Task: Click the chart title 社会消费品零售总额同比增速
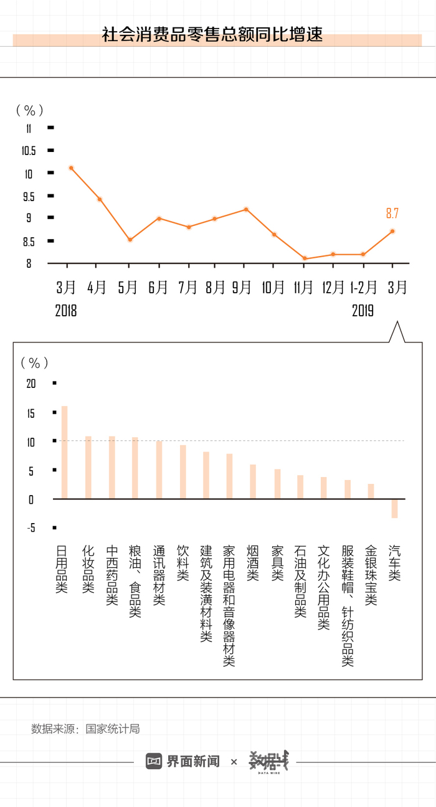(x=212, y=34)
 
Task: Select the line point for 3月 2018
(x=72, y=168)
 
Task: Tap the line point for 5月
(x=130, y=240)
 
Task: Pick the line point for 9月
(x=246, y=209)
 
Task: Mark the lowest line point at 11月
(x=305, y=258)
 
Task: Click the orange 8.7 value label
(x=392, y=214)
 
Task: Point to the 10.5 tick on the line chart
(x=29, y=151)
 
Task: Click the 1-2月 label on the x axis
(x=363, y=287)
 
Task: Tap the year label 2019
(x=363, y=310)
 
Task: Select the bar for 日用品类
(x=64, y=452)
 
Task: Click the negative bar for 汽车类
(x=394, y=508)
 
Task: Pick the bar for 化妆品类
(x=88, y=467)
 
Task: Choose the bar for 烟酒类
(x=253, y=481)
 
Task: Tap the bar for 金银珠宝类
(x=371, y=491)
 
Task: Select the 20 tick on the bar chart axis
(x=31, y=384)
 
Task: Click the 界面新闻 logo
(x=183, y=761)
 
